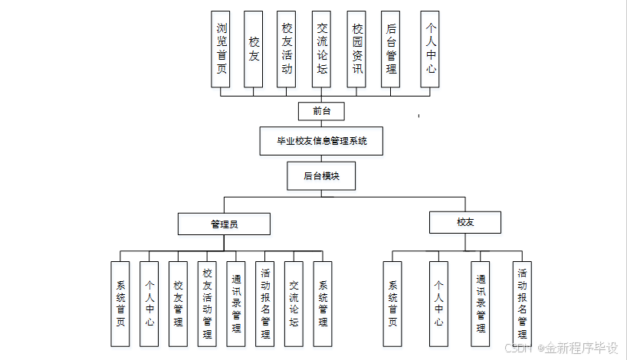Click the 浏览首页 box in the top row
click(221, 48)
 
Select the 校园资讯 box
click(356, 48)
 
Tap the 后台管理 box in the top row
click(391, 48)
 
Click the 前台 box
click(321, 111)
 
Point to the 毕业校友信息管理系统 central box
click(321, 141)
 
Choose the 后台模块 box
click(321, 175)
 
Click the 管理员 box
click(224, 224)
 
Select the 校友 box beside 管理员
click(465, 222)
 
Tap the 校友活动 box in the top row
click(287, 48)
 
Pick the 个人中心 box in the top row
click(431, 48)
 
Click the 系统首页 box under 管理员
click(120, 304)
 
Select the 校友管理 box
click(178, 304)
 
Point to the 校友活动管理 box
click(207, 304)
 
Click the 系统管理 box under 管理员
click(323, 304)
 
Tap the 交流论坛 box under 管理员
click(294, 304)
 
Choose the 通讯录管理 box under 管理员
click(236, 304)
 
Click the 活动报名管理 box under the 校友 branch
click(522, 304)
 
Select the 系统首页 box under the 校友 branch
click(392, 304)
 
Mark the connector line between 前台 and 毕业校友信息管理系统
click(321, 124)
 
